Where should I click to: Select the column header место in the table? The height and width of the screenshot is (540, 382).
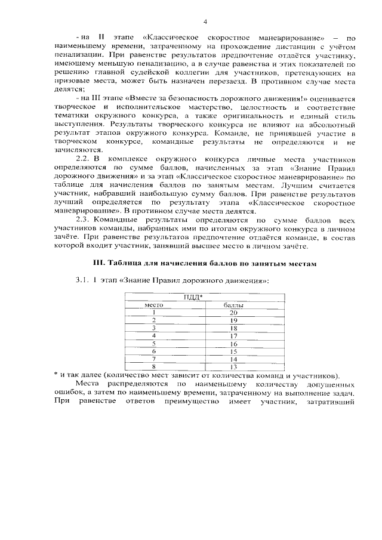click(x=155, y=305)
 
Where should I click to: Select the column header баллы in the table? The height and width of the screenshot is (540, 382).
click(x=233, y=305)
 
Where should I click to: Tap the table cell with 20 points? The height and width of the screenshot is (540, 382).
click(x=233, y=313)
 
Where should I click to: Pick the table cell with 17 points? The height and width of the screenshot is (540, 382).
click(x=233, y=336)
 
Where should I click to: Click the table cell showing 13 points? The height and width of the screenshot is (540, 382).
click(x=233, y=367)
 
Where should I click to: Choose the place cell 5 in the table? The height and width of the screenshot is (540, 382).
click(x=154, y=344)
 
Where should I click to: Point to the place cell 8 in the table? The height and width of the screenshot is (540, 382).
click(x=154, y=367)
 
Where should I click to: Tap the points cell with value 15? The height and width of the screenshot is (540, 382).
click(x=233, y=351)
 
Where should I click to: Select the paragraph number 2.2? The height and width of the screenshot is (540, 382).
click(x=85, y=160)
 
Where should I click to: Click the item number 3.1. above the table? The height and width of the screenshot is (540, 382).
click(x=83, y=280)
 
